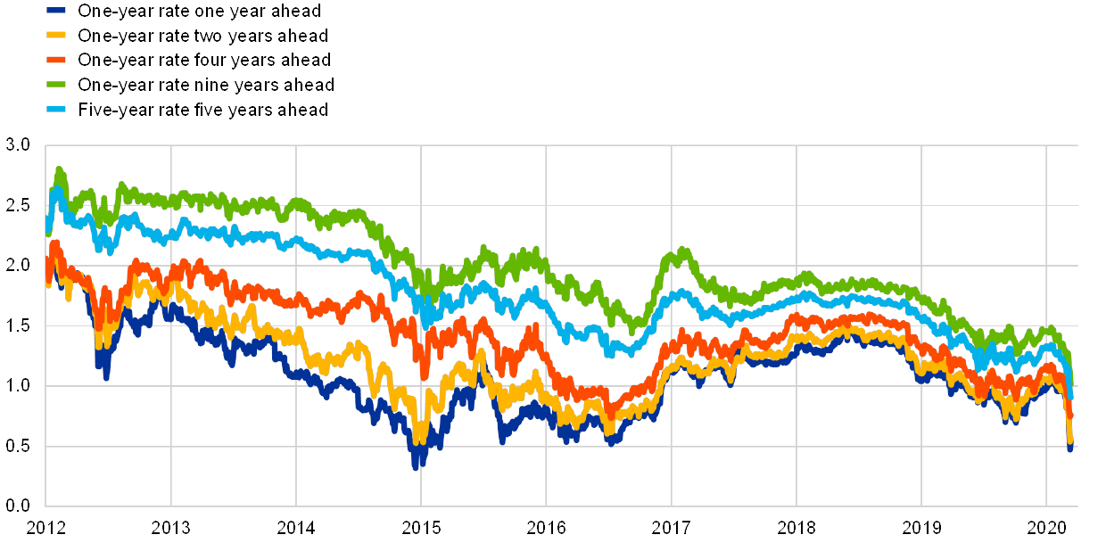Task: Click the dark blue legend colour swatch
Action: pyautogui.click(x=57, y=11)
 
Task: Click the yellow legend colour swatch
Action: pyautogui.click(x=57, y=36)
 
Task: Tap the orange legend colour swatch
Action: pyautogui.click(x=57, y=60)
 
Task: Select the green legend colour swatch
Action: pyautogui.click(x=57, y=85)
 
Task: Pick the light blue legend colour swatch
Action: pyautogui.click(x=57, y=110)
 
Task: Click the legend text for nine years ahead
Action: pyautogui.click(x=205, y=85)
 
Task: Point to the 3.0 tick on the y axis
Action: pyautogui.click(x=17, y=145)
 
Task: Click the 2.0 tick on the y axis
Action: pyautogui.click(x=17, y=266)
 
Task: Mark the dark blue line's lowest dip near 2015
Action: pyautogui.click(x=416, y=466)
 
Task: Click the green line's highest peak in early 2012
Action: pyautogui.click(x=60, y=168)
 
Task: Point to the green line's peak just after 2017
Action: pyautogui.click(x=683, y=250)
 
